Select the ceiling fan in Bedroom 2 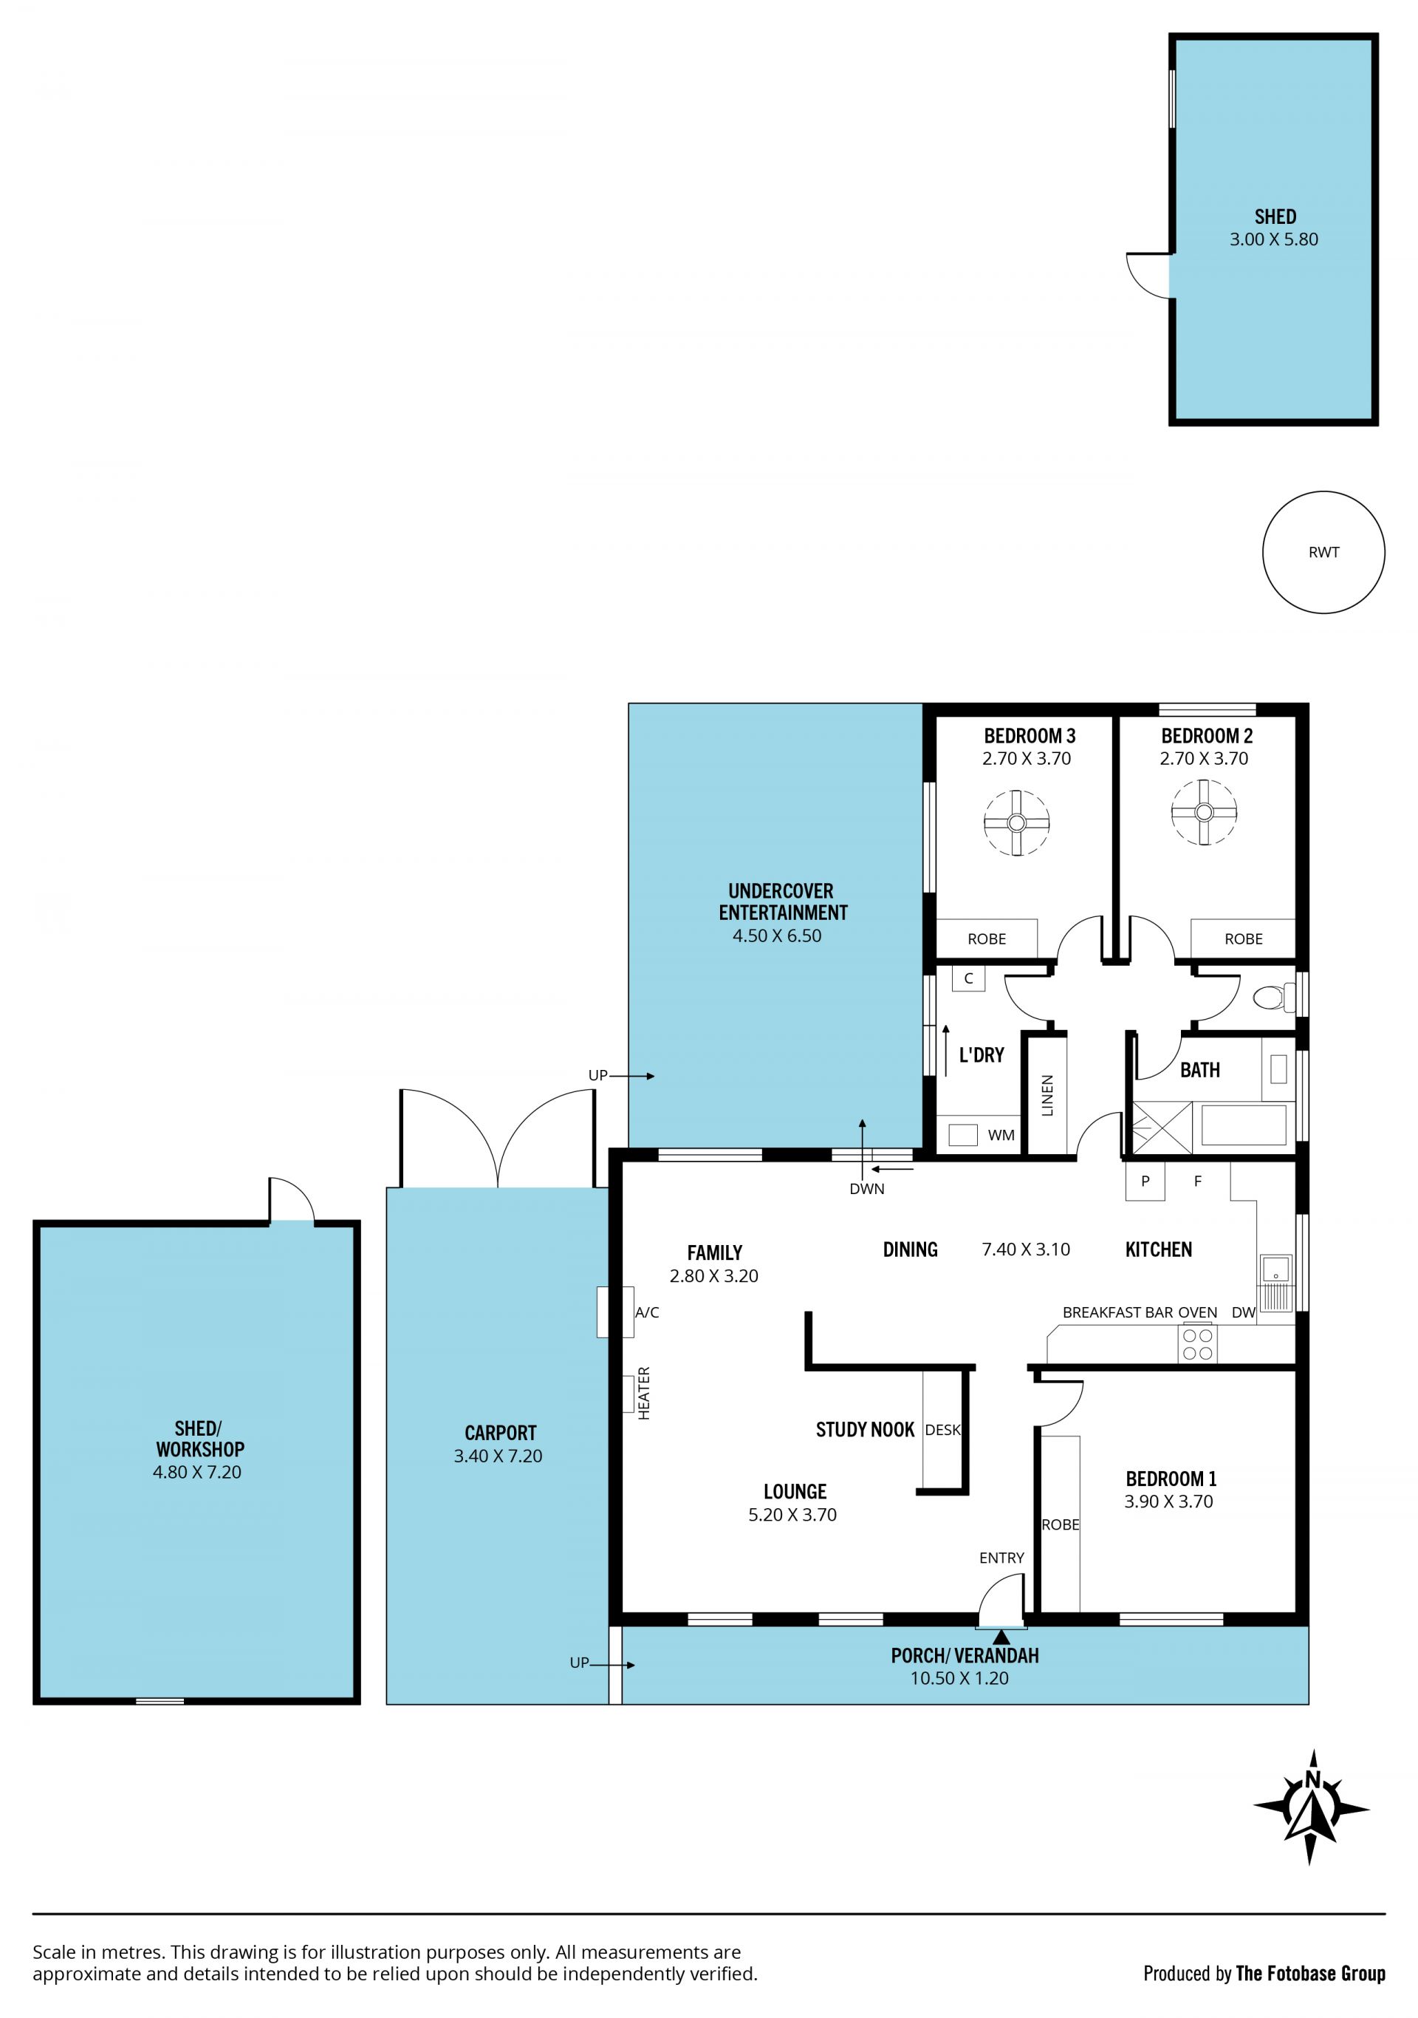pyautogui.click(x=1204, y=812)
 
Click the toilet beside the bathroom pyautogui.click(x=1274, y=998)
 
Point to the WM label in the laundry pyautogui.click(x=1001, y=1135)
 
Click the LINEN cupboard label pyautogui.click(x=1047, y=1095)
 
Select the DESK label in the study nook pyautogui.click(x=942, y=1430)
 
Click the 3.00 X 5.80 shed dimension pyautogui.click(x=1273, y=239)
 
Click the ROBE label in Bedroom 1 pyautogui.click(x=1061, y=1525)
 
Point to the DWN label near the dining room pyautogui.click(x=866, y=1189)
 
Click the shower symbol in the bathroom pyautogui.click(x=1162, y=1127)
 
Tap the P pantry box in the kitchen pyautogui.click(x=1145, y=1182)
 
